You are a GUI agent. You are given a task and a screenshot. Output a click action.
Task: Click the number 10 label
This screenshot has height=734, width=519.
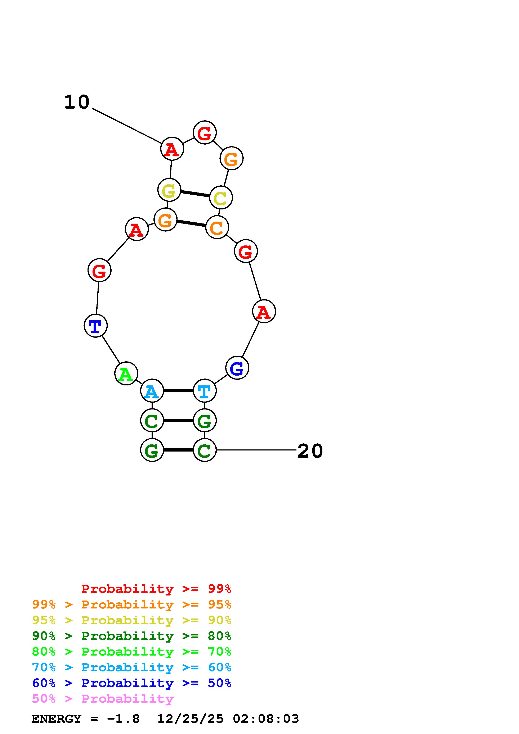coord(77,102)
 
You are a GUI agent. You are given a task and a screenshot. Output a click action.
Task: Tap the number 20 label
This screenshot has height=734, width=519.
coord(310,451)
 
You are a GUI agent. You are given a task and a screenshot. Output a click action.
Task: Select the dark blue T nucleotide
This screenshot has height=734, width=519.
coord(95,326)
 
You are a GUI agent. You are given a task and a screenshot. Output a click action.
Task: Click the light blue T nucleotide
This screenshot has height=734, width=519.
coord(205,391)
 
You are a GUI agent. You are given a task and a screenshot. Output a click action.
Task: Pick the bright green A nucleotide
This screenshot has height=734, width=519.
coord(126,373)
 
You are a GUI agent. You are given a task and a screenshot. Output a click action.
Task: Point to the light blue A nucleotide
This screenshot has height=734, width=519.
coord(152,391)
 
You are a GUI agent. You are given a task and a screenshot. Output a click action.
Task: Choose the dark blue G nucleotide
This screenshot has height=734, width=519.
coord(237,368)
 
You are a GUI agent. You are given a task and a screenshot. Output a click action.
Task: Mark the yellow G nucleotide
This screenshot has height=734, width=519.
coord(169,190)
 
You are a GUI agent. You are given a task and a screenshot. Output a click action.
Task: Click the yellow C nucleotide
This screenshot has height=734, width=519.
coord(221,198)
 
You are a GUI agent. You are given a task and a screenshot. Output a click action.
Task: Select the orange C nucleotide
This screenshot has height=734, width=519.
coord(217,227)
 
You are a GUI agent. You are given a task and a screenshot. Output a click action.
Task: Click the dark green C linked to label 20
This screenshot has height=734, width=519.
coord(205,450)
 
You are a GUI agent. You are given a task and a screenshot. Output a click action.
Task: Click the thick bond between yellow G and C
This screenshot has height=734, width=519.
coord(195,194)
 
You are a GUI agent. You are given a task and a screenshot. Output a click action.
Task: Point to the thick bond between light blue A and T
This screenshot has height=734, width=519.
coord(178,391)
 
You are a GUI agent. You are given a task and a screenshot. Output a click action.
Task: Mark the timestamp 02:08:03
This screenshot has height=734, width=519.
coord(266,719)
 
